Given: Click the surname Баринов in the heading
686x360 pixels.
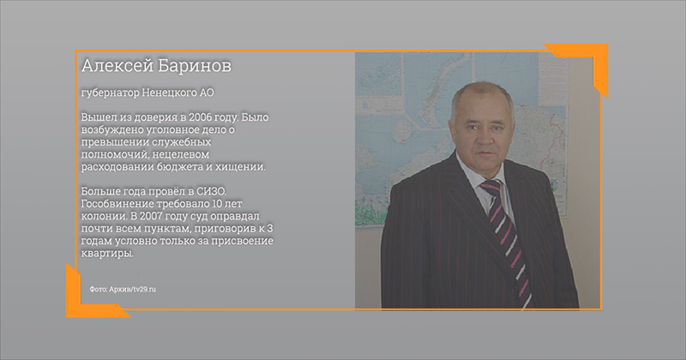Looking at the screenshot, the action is click(x=194, y=66).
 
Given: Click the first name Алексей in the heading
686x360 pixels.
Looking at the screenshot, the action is click(x=117, y=66).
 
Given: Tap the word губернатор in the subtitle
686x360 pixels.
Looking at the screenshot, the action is click(x=111, y=93).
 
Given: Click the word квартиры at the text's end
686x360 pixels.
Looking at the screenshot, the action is click(x=106, y=254).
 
